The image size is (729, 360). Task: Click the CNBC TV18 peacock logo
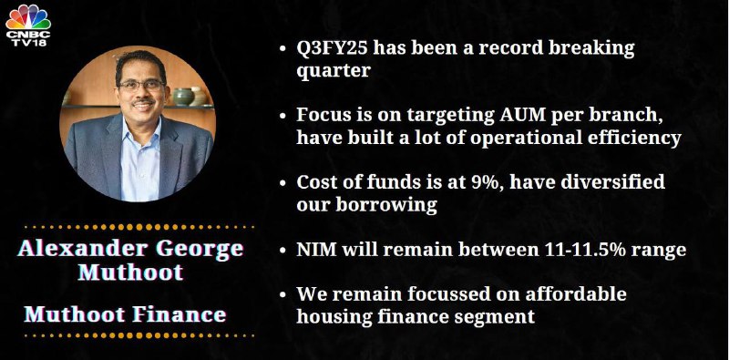point(28,25)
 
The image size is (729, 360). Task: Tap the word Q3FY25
point(331,48)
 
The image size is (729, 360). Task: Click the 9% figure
point(487,182)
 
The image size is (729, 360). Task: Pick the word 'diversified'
point(613,182)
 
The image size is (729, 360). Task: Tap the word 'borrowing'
point(386,205)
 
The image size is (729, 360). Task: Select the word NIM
point(317,250)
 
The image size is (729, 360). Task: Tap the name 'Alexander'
point(83,249)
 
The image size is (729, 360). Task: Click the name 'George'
point(200,250)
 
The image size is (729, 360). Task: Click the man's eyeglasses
point(141,85)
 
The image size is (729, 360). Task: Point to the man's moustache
point(143,101)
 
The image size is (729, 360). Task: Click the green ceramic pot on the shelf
point(183,97)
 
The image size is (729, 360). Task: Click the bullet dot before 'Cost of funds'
point(282,183)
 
